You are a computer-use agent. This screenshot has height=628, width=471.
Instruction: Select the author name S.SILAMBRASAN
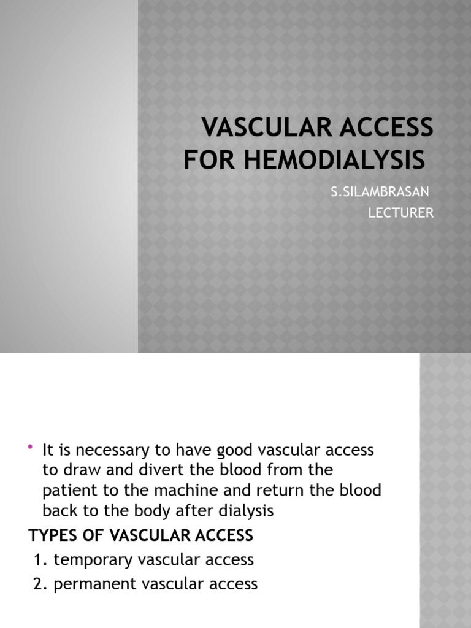coord(380,192)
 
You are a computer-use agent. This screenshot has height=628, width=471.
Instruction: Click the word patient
coord(67,491)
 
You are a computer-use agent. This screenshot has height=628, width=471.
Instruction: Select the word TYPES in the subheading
coord(50,535)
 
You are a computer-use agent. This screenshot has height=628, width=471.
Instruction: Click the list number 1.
coord(39,560)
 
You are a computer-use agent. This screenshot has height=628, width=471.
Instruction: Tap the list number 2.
coord(39,584)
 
